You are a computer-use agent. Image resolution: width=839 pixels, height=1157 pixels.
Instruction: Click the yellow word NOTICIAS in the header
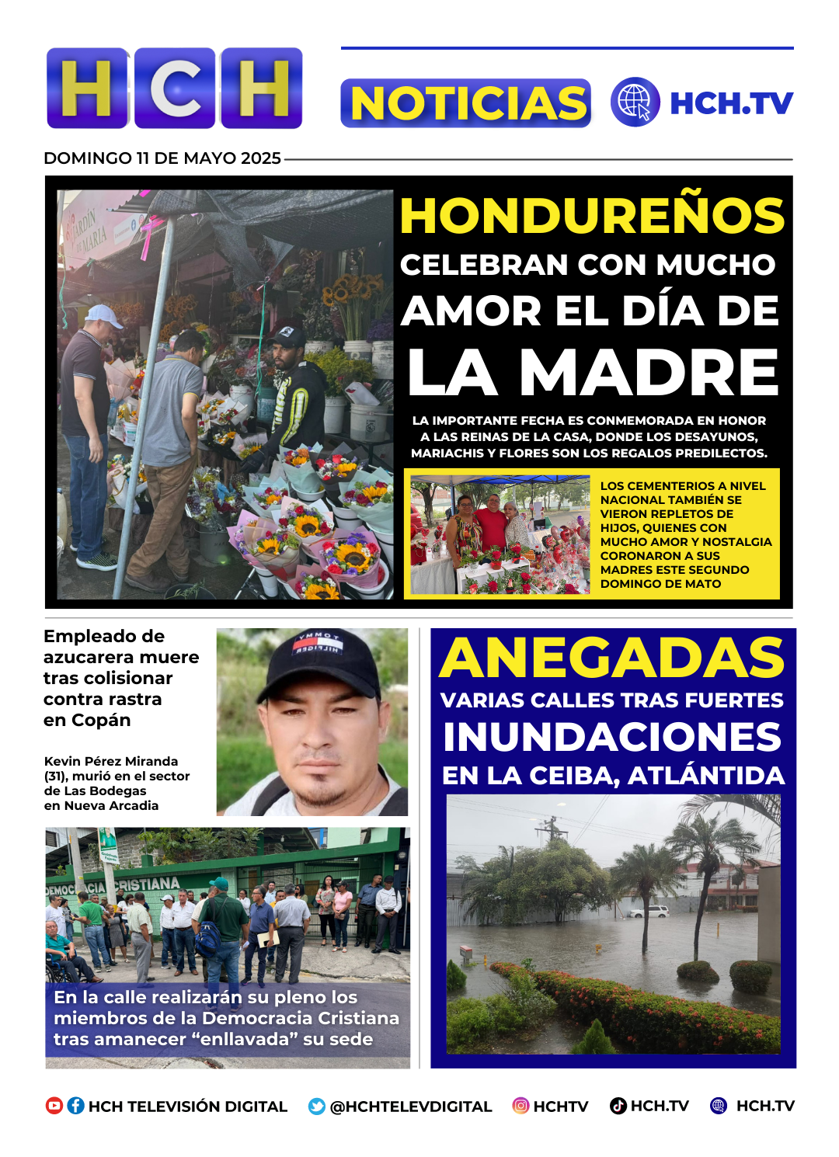pyautogui.click(x=466, y=103)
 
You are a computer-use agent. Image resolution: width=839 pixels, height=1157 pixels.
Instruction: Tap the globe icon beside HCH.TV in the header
pyautogui.click(x=635, y=102)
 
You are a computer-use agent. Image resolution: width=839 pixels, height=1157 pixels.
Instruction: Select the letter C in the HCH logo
pyautogui.click(x=175, y=88)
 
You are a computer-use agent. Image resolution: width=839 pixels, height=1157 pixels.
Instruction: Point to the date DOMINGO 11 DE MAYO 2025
pyautogui.click(x=162, y=158)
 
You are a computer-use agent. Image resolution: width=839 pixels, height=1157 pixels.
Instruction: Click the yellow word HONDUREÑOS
pyautogui.click(x=592, y=216)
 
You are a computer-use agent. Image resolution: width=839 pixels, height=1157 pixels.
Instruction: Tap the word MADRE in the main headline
pyautogui.click(x=649, y=373)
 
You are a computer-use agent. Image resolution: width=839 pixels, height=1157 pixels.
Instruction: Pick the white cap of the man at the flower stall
pyautogui.click(x=104, y=315)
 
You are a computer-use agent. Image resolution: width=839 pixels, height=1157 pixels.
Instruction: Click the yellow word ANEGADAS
pyautogui.click(x=612, y=658)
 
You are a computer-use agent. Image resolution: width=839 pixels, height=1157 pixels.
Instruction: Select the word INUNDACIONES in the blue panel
pyautogui.click(x=612, y=738)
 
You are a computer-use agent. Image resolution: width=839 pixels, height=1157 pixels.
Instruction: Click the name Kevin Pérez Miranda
pyautogui.click(x=111, y=761)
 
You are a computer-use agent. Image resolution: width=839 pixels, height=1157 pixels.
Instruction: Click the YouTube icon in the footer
pyautogui.click(x=54, y=1106)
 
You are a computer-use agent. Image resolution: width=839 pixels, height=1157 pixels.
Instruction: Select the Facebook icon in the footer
pyautogui.click(x=75, y=1106)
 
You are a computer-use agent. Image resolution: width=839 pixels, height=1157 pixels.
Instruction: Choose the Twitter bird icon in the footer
pyautogui.click(x=316, y=1107)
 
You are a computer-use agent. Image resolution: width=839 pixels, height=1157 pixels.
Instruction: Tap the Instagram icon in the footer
pyautogui.click(x=520, y=1106)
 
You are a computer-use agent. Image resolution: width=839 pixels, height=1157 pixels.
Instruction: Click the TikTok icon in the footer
pyautogui.click(x=618, y=1106)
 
